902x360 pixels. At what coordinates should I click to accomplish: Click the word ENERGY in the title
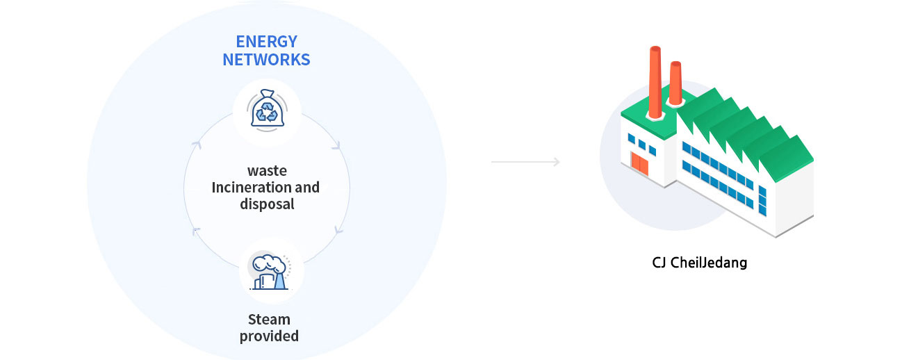point(267,42)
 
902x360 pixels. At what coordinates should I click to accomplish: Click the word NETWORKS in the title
point(267,60)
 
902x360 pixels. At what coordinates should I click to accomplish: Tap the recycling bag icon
point(268,111)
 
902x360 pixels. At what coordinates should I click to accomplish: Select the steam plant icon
point(270,270)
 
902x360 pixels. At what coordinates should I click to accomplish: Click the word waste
point(267,171)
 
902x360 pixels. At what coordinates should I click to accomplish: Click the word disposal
point(267,204)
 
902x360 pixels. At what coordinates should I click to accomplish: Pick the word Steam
point(269,319)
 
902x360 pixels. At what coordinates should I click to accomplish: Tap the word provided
point(269,336)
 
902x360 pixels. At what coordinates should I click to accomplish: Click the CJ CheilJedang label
point(700,263)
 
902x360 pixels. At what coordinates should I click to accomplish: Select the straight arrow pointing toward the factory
point(525,162)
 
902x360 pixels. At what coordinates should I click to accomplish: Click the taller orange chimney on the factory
point(655,83)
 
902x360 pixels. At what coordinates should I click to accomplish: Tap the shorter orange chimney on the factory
point(675,83)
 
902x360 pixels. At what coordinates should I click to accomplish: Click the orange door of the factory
point(640,164)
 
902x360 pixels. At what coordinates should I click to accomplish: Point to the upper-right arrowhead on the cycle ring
point(336,146)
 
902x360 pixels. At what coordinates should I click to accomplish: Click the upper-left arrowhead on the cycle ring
point(197,145)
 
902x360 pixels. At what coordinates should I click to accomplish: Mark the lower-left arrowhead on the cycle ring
point(196,231)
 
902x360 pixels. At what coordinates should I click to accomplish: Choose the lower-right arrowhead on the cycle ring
point(338,230)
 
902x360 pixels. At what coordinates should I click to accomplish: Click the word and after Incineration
point(307,187)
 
